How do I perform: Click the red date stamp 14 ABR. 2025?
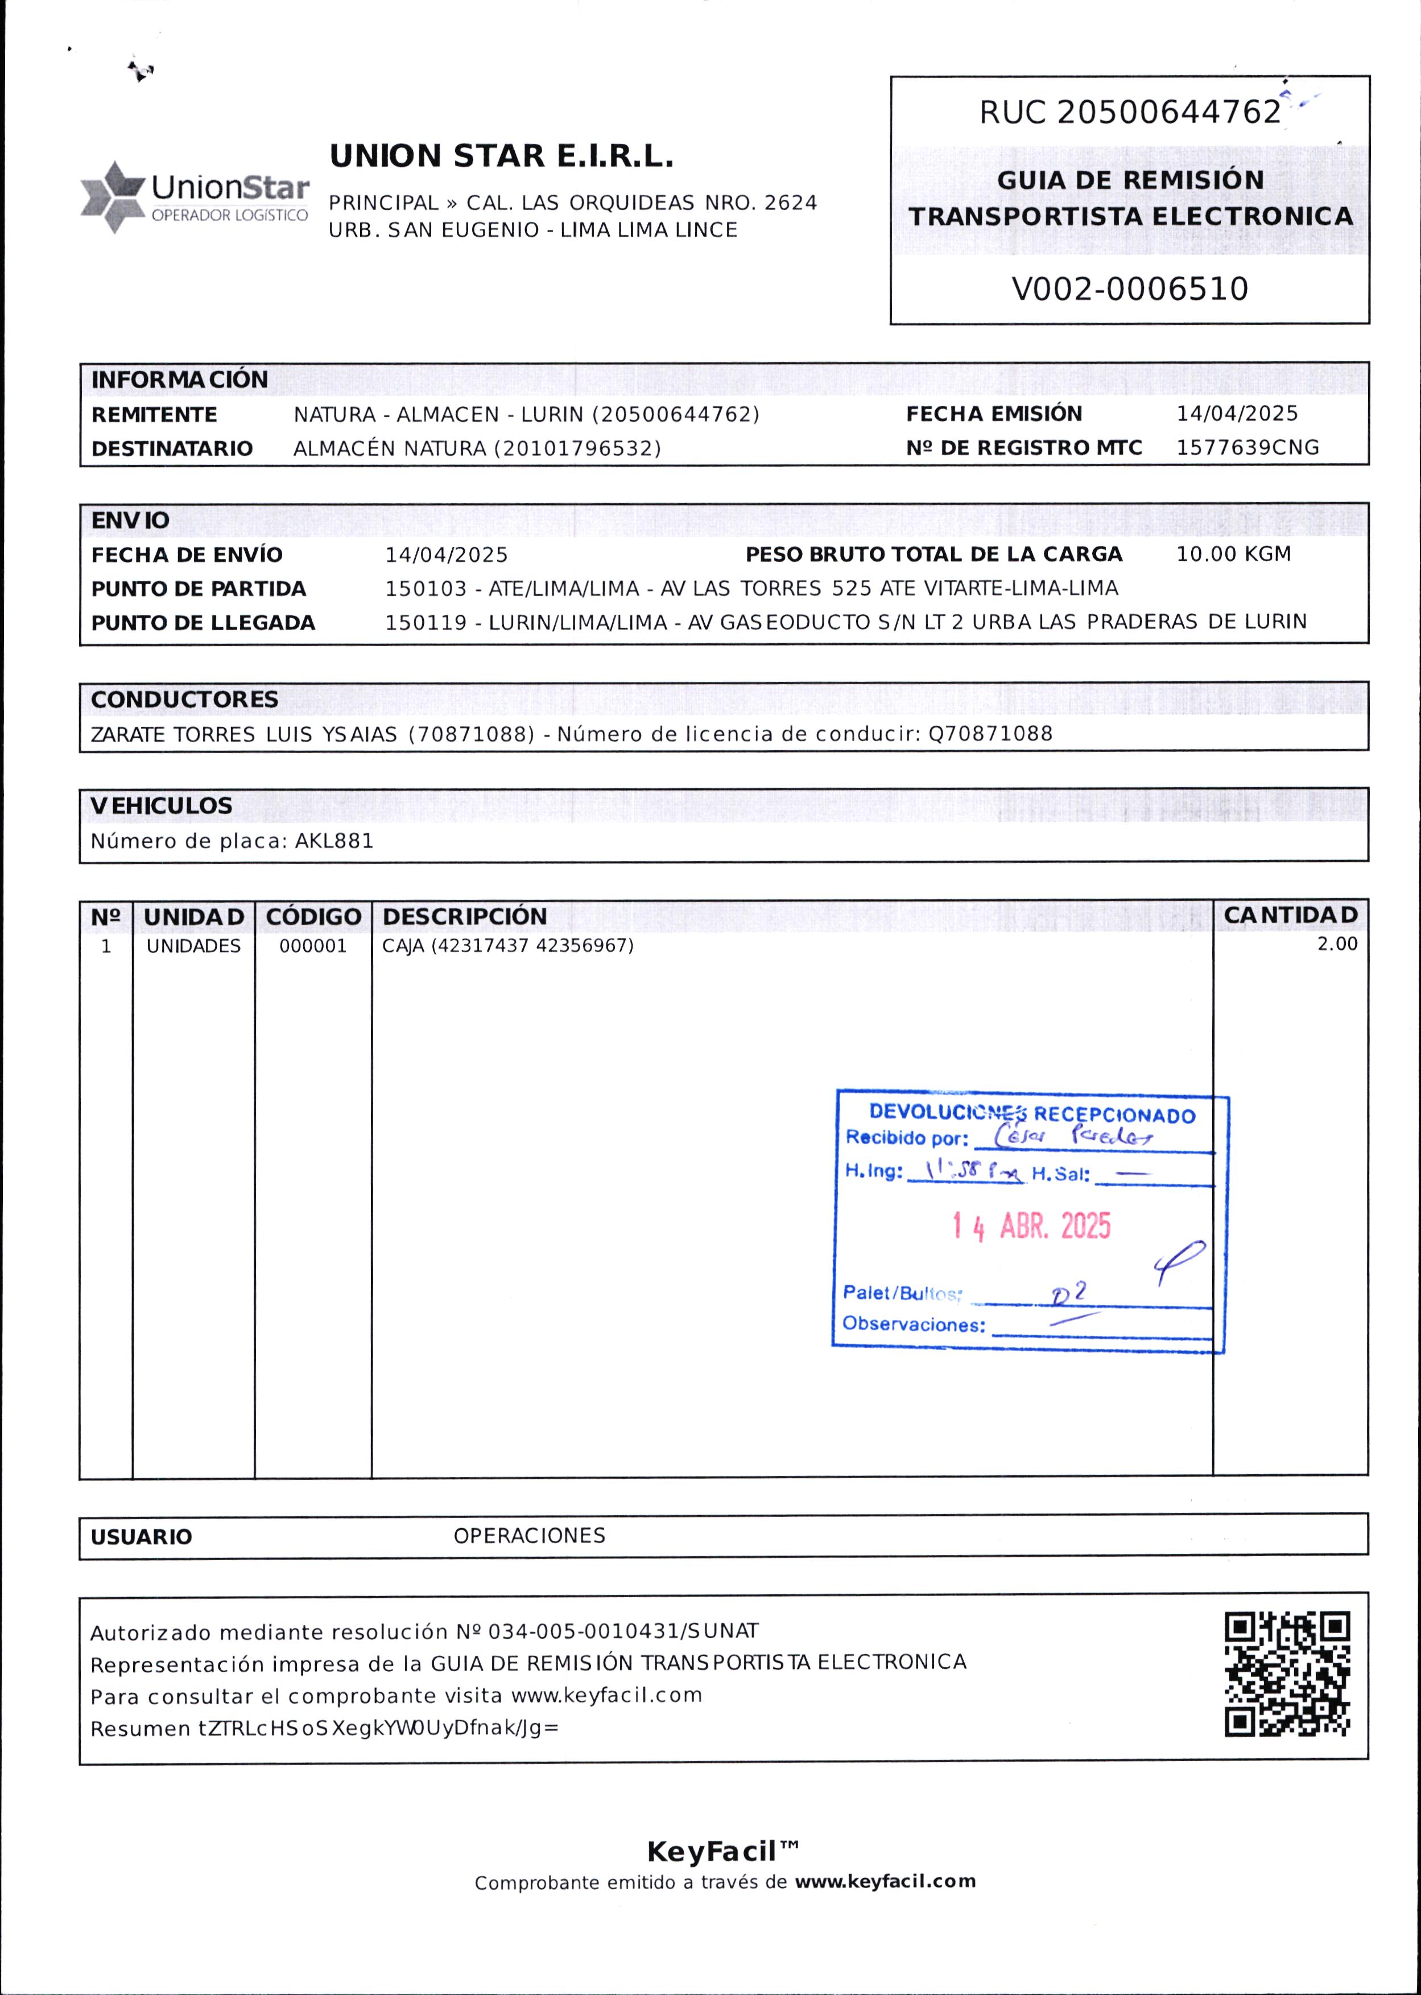coord(1032,1227)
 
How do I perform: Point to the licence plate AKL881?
coord(334,841)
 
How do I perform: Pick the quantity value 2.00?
coord(1337,944)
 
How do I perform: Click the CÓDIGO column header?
coord(313,916)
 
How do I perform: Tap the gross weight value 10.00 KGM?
coord(1233,554)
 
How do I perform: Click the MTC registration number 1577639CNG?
coord(1247,448)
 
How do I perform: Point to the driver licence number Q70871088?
coord(990,734)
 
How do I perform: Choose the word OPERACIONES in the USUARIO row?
coord(530,1536)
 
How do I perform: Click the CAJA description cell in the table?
coord(507,947)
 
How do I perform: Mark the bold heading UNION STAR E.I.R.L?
coord(501,157)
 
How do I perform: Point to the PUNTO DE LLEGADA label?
coord(203,623)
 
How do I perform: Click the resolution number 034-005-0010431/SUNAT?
coord(623,1631)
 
